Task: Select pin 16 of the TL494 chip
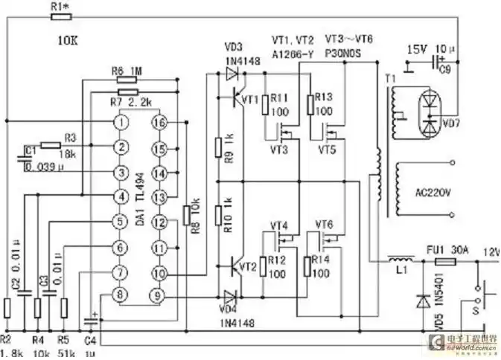point(158,121)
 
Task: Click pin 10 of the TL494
point(158,272)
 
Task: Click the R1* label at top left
point(63,7)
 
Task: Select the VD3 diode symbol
point(232,74)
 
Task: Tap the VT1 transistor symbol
point(241,99)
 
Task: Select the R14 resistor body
point(309,266)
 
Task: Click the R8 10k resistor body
point(186,216)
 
